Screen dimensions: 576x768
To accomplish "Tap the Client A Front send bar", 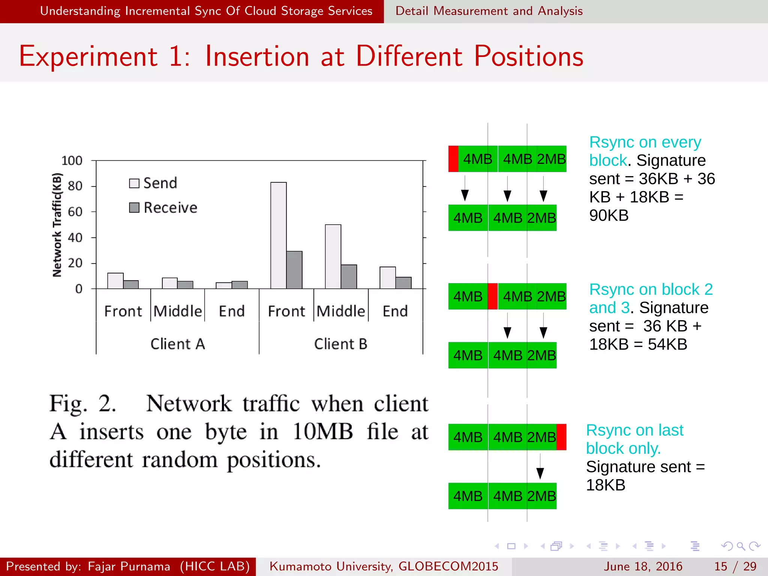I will click(x=115, y=281).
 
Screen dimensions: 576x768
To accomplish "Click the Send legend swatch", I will click(x=134, y=183).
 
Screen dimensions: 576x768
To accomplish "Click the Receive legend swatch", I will click(x=134, y=208).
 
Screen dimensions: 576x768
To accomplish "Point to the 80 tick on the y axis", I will click(x=75, y=186).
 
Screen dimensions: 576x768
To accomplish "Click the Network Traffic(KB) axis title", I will click(x=57, y=225).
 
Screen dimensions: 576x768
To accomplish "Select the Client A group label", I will click(x=178, y=344).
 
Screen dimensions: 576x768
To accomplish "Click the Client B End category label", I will click(x=395, y=311).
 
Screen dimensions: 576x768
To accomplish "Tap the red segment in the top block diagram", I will click(x=453, y=159).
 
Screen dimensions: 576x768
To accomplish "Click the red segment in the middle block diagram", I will click(x=493, y=296).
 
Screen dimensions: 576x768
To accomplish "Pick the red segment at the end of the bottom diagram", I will click(x=561, y=437).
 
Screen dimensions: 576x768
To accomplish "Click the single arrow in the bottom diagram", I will click(x=540, y=467).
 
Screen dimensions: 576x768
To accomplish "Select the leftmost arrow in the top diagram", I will click(x=465, y=189).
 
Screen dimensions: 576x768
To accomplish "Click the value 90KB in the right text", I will click(x=609, y=216).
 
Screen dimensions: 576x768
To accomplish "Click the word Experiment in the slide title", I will click(x=88, y=57).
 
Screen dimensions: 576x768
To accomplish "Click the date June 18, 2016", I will click(x=643, y=566).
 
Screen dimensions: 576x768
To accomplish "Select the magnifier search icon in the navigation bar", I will click(x=741, y=546).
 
